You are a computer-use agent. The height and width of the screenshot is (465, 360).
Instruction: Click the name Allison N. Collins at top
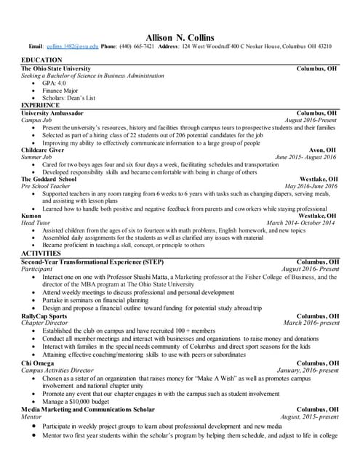(x=179, y=36)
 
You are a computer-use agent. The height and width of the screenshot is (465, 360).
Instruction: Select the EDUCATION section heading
(x=42, y=59)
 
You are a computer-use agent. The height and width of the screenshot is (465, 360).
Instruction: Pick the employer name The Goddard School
(x=49, y=178)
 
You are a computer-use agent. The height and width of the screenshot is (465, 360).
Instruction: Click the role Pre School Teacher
(x=48, y=186)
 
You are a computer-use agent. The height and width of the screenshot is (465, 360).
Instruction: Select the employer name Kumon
(x=31, y=216)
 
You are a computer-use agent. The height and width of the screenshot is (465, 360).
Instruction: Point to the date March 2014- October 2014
(x=300, y=223)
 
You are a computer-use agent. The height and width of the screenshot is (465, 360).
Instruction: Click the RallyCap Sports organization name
(x=44, y=316)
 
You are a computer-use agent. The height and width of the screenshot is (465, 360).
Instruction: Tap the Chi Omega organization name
(x=38, y=363)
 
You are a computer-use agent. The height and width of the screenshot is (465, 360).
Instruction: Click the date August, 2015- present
(x=310, y=416)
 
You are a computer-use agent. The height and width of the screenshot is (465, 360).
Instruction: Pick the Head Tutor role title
(x=36, y=223)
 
